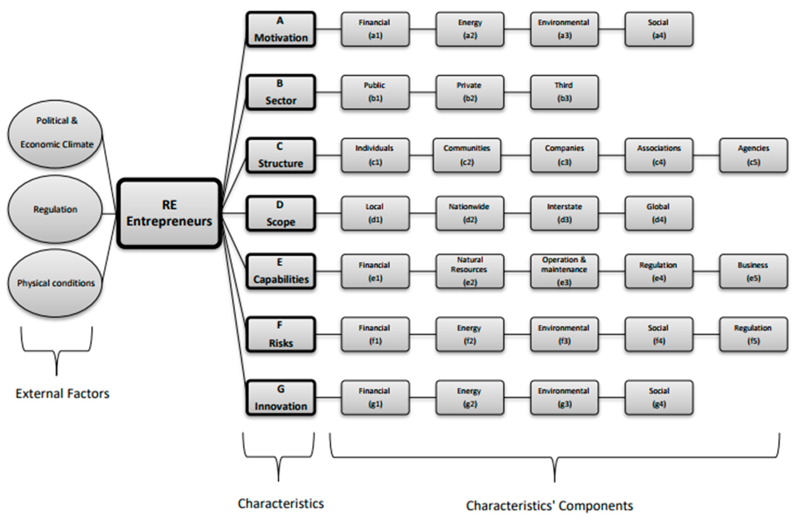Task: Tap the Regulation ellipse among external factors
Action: (x=55, y=209)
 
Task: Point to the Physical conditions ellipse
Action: (x=55, y=283)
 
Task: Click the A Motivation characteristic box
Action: (x=281, y=29)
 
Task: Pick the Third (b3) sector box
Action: (x=564, y=92)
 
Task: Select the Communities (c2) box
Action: (x=467, y=155)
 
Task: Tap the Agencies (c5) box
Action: (x=753, y=155)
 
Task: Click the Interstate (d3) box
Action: (x=564, y=213)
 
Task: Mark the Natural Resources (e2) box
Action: (x=470, y=271)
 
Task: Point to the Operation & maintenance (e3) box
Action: (x=564, y=271)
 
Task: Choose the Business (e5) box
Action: (x=753, y=271)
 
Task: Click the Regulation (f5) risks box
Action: (x=753, y=334)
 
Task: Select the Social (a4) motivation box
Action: (x=659, y=29)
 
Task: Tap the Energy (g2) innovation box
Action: (x=470, y=397)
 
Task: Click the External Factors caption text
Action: (x=62, y=393)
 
